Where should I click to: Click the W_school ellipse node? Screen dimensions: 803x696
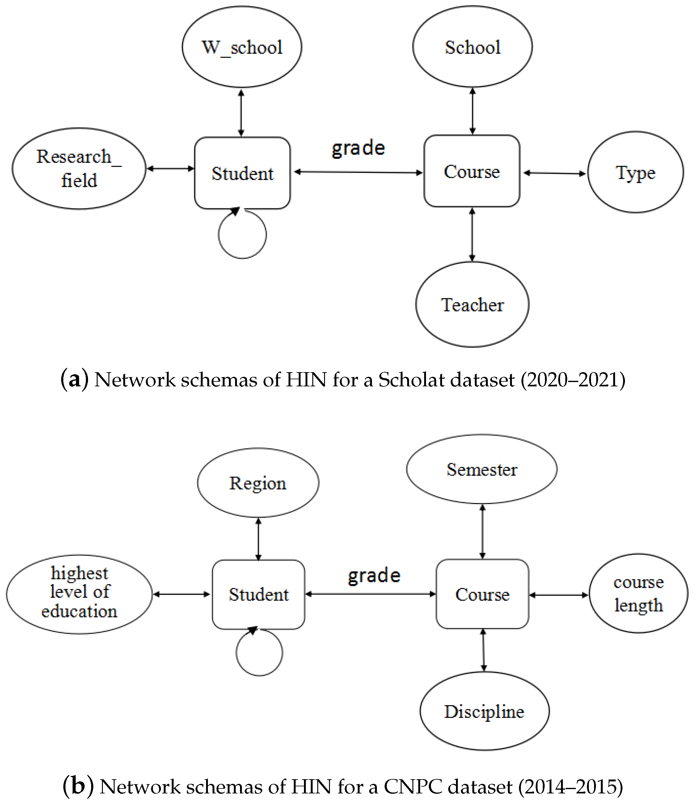(242, 47)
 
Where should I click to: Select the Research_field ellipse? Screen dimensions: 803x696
(79, 169)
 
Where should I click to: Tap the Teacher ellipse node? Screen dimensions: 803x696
(472, 305)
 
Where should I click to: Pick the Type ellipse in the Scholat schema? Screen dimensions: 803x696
(635, 172)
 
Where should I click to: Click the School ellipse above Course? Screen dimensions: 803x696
(472, 47)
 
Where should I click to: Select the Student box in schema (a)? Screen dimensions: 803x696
(243, 173)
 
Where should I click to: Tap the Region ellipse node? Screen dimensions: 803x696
(258, 483)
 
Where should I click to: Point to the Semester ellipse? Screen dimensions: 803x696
(482, 469)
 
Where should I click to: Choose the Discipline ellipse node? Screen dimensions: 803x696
(484, 711)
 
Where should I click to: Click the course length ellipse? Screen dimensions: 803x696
(638, 593)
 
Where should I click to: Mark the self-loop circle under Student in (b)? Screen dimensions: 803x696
(259, 652)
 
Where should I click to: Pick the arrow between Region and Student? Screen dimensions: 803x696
(258, 539)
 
